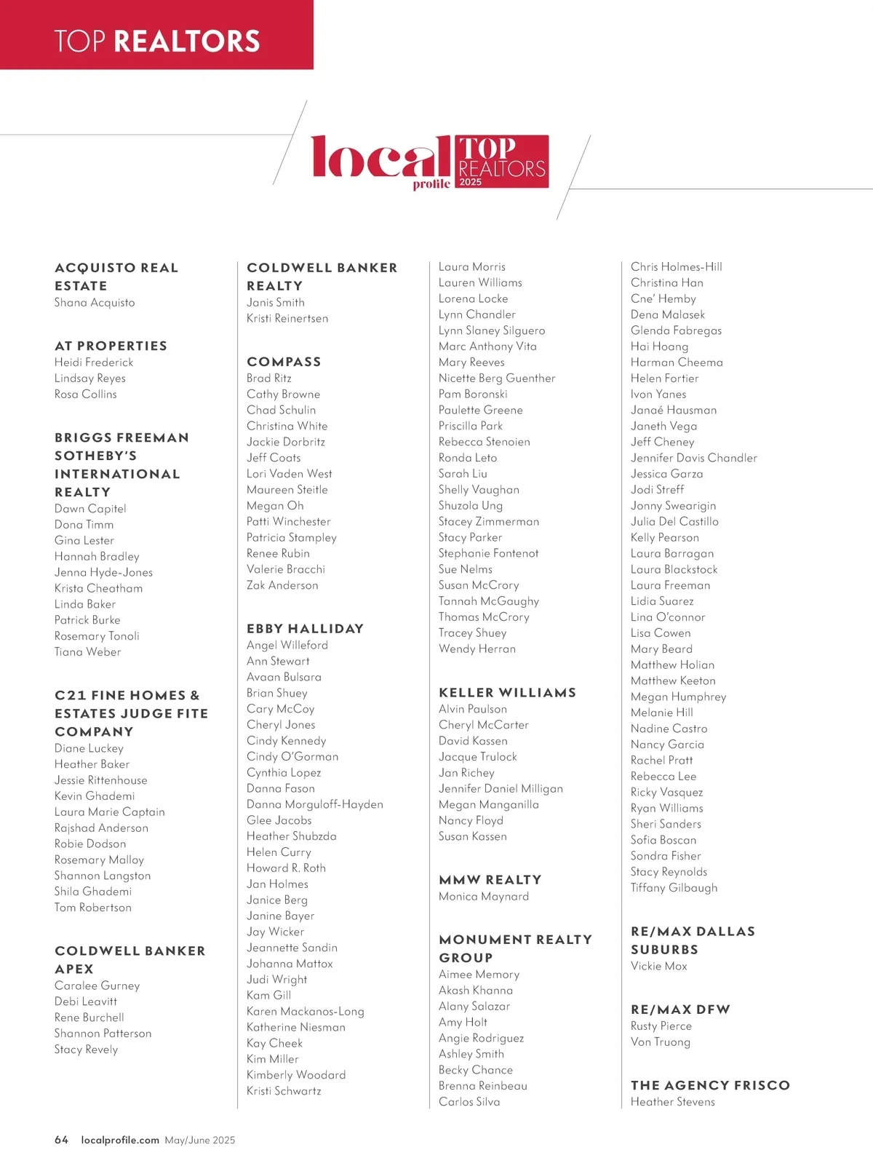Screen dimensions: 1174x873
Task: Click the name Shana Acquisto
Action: (95, 303)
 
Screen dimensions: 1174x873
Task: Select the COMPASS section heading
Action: (284, 362)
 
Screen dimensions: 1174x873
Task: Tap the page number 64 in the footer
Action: (61, 1140)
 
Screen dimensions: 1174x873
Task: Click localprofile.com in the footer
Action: (120, 1140)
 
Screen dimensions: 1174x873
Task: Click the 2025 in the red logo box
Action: (471, 182)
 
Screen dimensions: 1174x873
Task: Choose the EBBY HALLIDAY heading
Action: (305, 628)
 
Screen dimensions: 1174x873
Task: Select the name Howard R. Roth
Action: (286, 868)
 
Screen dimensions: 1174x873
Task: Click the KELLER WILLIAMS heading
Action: (507, 692)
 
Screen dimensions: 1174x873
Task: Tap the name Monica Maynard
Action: (484, 897)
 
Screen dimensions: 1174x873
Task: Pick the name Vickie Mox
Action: (658, 966)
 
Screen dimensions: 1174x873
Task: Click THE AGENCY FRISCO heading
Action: (710, 1084)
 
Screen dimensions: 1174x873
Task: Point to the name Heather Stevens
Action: (672, 1102)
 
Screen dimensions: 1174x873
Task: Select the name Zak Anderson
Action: (282, 585)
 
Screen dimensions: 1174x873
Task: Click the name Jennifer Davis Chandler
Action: (693, 458)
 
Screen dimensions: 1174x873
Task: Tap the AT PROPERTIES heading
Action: (111, 346)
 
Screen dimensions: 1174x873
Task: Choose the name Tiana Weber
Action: (87, 651)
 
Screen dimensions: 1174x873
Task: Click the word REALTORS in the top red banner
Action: (187, 41)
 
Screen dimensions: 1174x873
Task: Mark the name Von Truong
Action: (660, 1042)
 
